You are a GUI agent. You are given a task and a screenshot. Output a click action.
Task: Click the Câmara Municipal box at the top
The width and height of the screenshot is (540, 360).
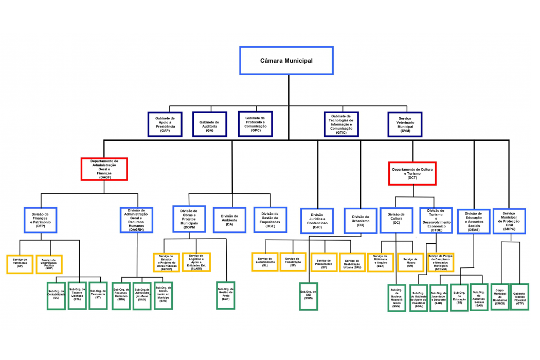click(286, 61)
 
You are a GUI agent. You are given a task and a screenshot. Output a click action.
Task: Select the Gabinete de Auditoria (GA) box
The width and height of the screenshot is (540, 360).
click(209, 124)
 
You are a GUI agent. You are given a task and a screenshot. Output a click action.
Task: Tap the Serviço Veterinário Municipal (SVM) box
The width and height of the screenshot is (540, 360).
click(405, 124)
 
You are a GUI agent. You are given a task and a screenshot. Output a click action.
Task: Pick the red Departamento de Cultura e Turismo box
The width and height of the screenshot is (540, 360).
click(412, 173)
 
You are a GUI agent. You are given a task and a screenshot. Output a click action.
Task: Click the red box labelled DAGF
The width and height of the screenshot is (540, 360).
click(104, 169)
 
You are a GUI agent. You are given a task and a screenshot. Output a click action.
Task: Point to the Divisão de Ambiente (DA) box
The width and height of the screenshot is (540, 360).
click(229, 220)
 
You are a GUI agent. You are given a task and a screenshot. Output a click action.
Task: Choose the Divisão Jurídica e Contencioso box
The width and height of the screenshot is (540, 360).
click(317, 220)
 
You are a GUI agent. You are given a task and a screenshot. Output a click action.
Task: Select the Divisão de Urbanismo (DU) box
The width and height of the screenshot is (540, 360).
click(361, 220)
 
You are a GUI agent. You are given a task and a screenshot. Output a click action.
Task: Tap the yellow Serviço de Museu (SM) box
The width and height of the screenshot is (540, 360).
click(410, 262)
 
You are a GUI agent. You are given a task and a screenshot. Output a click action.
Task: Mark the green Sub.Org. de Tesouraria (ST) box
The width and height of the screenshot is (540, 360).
click(98, 295)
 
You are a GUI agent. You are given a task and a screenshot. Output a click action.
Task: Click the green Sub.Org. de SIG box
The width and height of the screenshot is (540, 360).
click(309, 296)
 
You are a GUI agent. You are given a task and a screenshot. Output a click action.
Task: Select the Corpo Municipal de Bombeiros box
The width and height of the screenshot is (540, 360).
click(500, 297)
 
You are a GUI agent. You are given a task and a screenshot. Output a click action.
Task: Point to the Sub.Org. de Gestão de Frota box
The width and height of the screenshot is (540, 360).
click(226, 295)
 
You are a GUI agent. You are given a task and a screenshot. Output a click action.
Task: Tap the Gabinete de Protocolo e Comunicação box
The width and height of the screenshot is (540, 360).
click(256, 124)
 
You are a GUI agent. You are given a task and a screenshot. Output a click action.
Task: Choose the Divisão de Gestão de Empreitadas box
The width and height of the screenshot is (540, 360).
click(270, 220)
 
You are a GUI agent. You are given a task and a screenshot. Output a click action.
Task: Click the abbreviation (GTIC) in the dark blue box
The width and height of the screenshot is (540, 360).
click(341, 133)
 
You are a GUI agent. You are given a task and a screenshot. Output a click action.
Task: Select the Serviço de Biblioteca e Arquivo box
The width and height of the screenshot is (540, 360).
click(381, 262)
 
